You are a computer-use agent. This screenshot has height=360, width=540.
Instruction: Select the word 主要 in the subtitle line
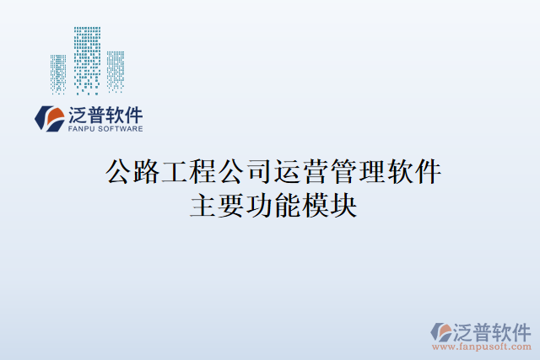217,206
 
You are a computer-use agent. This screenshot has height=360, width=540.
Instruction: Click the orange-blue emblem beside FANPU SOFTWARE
48,119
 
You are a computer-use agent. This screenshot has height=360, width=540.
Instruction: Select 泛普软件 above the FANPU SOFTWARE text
104,115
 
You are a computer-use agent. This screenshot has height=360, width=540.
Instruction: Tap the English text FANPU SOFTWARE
104,129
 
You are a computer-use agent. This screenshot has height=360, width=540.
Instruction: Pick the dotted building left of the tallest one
58,73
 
